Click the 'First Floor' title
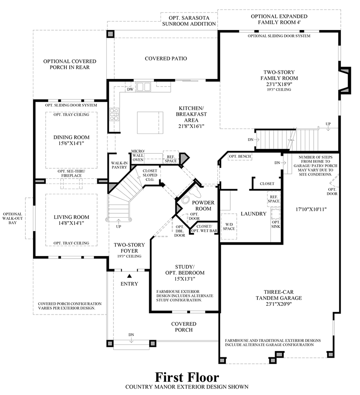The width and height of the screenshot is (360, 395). tap(187, 377)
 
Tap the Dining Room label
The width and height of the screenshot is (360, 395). tap(71, 137)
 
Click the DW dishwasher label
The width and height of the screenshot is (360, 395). tap(130, 90)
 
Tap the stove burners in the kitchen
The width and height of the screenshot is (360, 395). tap(114, 114)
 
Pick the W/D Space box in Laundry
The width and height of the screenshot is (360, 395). tap(229, 226)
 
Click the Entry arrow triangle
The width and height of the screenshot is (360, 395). tap(129, 276)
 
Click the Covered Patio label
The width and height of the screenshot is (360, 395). tap(166, 58)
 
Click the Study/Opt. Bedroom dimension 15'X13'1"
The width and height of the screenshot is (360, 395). tap(184, 279)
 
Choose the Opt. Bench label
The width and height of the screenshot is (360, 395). tap(240, 157)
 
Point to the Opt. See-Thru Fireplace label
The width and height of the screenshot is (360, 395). tap(71, 173)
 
